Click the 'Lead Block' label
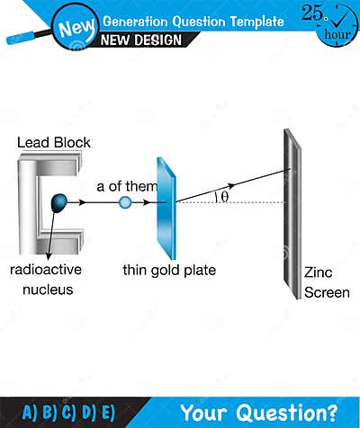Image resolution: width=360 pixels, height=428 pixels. pyautogui.click(x=53, y=143)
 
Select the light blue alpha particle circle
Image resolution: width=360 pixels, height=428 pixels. pyautogui.click(x=125, y=203)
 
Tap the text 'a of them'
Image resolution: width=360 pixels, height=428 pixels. pyautogui.click(x=127, y=186)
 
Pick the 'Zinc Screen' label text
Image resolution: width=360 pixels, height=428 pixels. pyautogui.click(x=326, y=281)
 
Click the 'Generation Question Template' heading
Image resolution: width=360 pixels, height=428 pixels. pyautogui.click(x=193, y=21)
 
